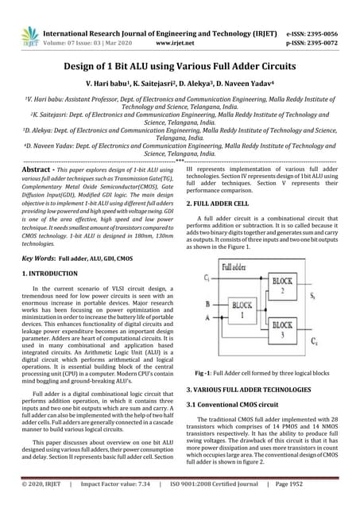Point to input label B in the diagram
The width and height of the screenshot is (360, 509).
click(x=208, y=305)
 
